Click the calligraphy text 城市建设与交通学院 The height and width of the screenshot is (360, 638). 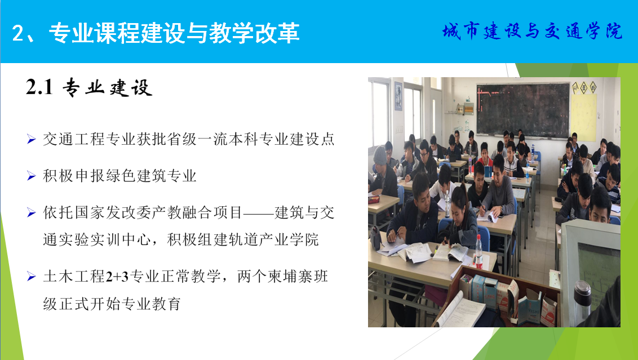click(532, 32)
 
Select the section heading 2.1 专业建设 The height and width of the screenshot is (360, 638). click(89, 87)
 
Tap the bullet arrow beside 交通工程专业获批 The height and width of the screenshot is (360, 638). click(32, 139)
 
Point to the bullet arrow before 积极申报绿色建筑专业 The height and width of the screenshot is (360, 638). click(32, 176)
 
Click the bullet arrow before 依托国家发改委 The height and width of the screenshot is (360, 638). click(32, 212)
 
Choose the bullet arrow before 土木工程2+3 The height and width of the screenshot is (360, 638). click(32, 277)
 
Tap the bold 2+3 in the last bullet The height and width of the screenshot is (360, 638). click(117, 277)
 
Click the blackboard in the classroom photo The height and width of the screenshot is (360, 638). click(523, 109)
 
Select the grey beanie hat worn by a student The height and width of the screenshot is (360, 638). click(380, 155)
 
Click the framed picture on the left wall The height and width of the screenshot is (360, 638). click(398, 96)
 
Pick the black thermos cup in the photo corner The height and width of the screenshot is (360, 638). click(582, 301)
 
